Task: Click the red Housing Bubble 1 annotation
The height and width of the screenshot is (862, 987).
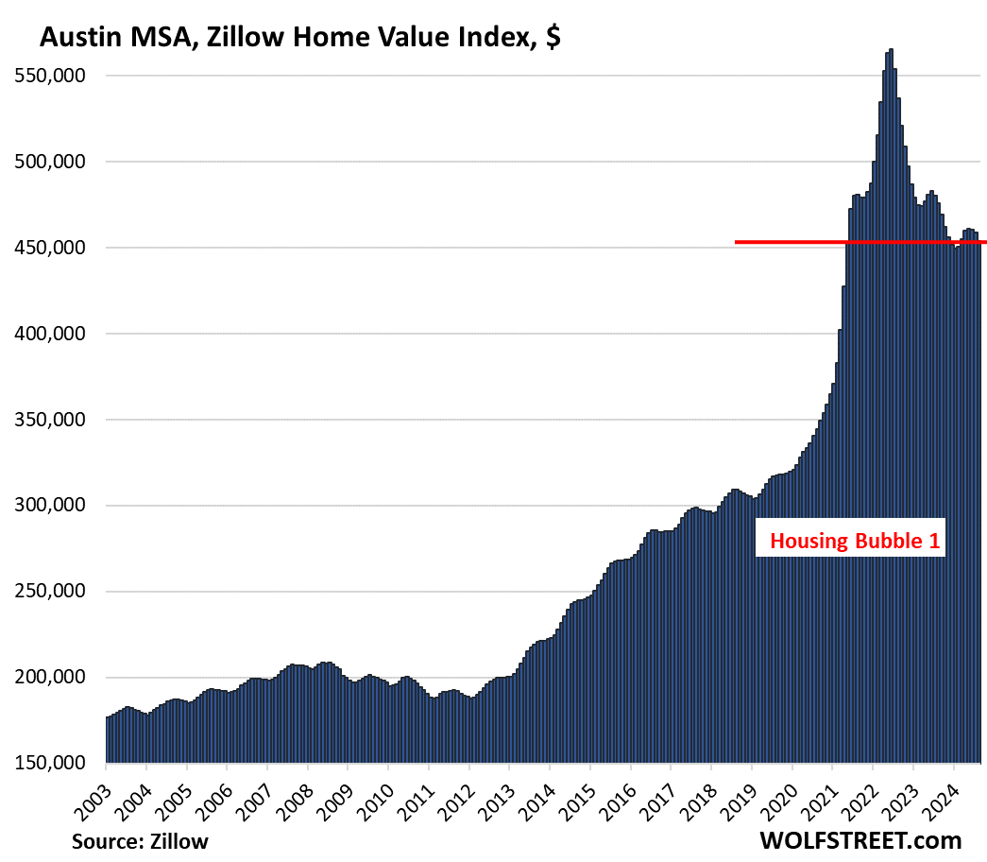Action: [x=850, y=543]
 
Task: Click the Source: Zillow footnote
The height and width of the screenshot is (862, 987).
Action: [x=140, y=840]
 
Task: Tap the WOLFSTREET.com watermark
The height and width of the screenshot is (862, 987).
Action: [x=860, y=839]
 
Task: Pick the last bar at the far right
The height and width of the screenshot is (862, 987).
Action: [x=979, y=501]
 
